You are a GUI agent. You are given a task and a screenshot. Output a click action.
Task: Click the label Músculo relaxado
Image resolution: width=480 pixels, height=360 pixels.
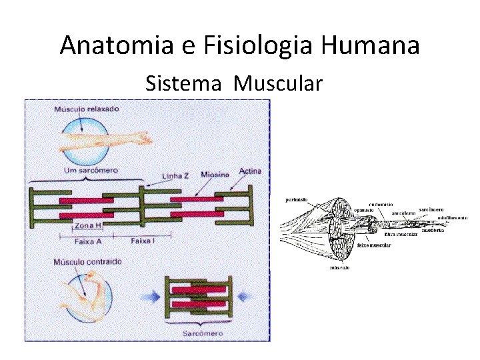pyautogui.click(x=87, y=108)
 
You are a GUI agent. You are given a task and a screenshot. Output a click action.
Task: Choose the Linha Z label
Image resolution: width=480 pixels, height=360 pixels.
pyautogui.click(x=175, y=175)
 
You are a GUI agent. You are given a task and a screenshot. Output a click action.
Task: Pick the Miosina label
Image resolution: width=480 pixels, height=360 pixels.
pyautogui.click(x=215, y=174)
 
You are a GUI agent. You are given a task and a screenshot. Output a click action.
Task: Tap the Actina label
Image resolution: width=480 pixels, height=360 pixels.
pyautogui.click(x=250, y=171)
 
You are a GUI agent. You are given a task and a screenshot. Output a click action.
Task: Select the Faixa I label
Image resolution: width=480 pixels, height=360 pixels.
pyautogui.click(x=143, y=240)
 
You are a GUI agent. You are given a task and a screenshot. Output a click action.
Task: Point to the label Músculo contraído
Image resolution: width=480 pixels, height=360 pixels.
pyautogui.click(x=87, y=262)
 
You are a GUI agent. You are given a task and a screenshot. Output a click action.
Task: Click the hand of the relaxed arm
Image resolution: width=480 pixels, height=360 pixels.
pyautogui.click(x=142, y=139)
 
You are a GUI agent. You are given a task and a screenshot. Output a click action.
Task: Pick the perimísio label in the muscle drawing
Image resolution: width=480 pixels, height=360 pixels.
pyautogui.click(x=296, y=199)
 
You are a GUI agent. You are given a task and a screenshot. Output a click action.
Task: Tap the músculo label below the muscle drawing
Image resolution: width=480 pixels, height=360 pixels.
pyautogui.click(x=340, y=268)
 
